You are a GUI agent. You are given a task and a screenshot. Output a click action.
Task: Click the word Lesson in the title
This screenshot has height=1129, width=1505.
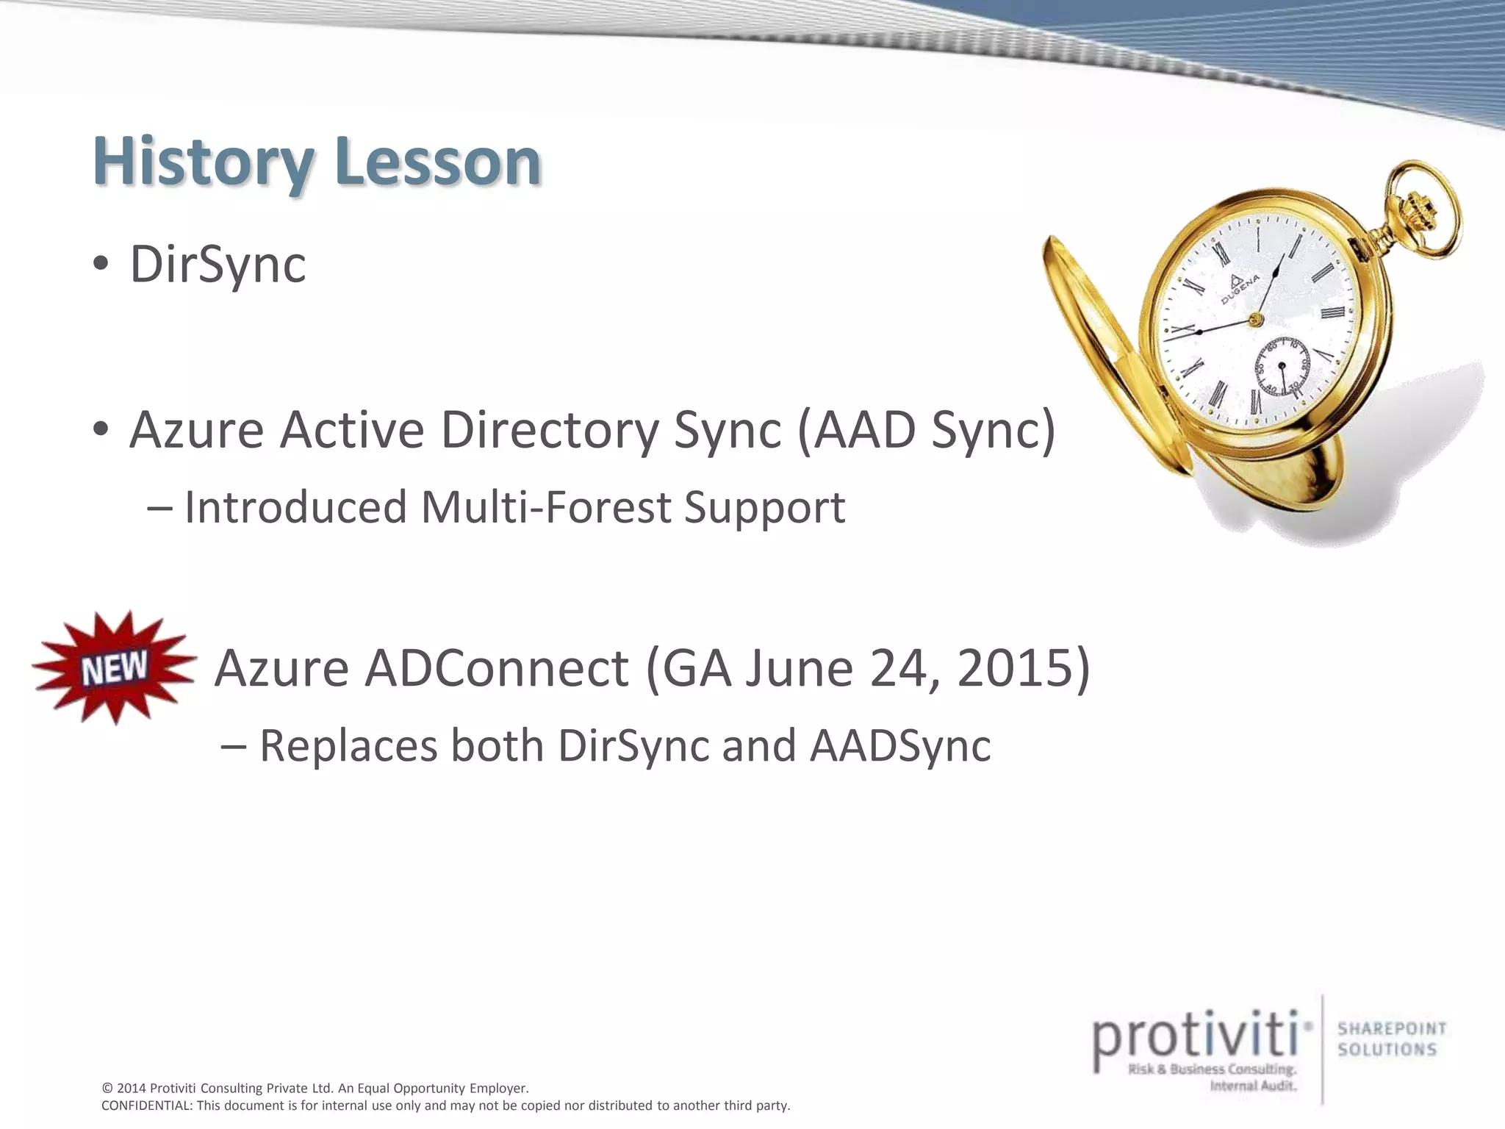(438, 162)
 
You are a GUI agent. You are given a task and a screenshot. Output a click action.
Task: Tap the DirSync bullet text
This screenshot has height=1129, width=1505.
(218, 264)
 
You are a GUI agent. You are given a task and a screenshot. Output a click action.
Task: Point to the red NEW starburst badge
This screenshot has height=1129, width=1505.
(114, 668)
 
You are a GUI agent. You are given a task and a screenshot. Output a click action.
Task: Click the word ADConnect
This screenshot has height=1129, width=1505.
(497, 668)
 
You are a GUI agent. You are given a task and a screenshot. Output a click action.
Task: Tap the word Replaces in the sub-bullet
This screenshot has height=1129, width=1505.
(348, 745)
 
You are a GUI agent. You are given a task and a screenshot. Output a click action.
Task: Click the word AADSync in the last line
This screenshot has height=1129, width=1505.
(900, 745)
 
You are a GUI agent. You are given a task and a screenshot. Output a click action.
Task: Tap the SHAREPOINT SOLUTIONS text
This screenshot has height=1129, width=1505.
(1391, 1039)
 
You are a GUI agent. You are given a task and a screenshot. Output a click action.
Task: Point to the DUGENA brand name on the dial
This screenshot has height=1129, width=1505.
(1241, 290)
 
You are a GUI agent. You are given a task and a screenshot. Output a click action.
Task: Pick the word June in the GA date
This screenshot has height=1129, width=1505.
(800, 668)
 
